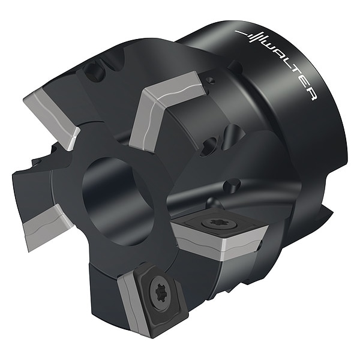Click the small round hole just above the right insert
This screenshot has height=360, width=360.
[x=229, y=184]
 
